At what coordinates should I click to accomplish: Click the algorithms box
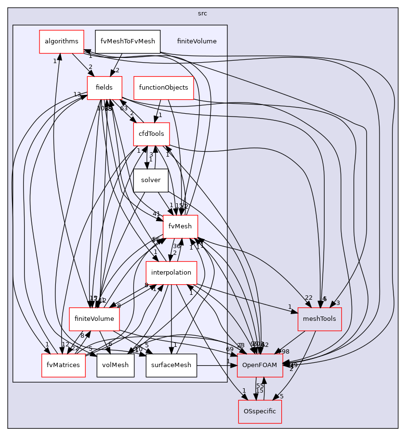61,41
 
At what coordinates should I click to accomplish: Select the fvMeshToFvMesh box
127,41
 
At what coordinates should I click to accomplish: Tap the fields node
104,88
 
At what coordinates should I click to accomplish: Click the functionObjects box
163,88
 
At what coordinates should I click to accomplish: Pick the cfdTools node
151,134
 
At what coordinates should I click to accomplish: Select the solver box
150,180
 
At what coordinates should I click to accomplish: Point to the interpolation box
171,273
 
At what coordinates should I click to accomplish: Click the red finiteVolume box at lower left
94,319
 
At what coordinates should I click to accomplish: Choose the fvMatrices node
64,365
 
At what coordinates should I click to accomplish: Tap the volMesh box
115,365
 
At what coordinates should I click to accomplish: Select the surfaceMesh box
171,365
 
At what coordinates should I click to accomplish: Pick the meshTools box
319,319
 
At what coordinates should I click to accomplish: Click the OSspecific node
260,411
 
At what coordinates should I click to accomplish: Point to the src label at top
202,13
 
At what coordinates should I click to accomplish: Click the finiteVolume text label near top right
196,41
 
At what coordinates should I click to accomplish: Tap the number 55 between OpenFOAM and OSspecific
260,386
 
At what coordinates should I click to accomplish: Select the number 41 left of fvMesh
156,214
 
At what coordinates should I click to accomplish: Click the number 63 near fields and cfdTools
124,108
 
